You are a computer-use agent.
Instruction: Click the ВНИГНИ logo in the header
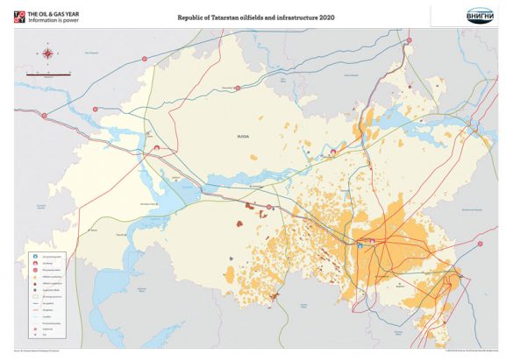(480, 15)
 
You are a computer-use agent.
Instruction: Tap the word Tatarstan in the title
(222, 17)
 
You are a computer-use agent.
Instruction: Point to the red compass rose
(46, 53)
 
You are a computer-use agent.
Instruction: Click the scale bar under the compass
(41, 74)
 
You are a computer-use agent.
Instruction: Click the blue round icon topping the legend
(34, 255)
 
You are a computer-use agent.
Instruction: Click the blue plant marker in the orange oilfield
(360, 247)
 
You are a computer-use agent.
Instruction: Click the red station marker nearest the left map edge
(91, 231)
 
